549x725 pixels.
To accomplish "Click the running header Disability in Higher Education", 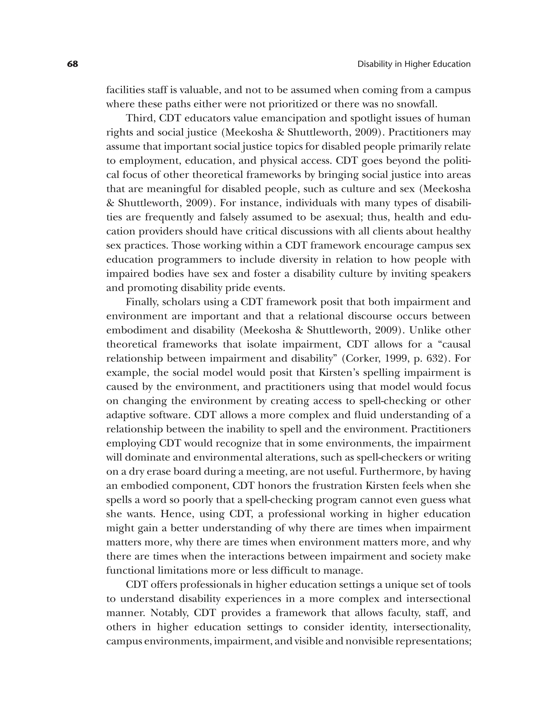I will (x=414, y=64).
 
